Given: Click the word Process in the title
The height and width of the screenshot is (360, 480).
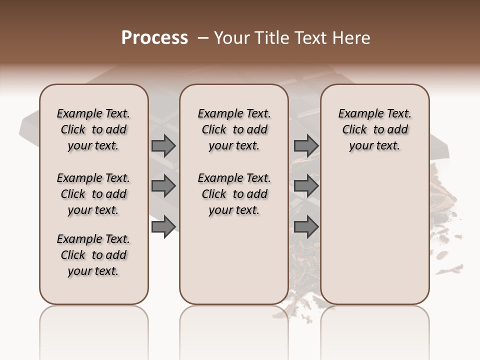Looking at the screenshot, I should pos(154,37).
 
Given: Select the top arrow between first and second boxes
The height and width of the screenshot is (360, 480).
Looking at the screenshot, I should pos(163,146).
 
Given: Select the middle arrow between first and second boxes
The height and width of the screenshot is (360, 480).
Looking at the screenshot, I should pos(163,186).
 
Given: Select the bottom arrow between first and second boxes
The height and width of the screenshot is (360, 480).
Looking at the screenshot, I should pos(163,227).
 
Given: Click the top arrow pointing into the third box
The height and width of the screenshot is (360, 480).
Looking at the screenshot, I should pos(306,146).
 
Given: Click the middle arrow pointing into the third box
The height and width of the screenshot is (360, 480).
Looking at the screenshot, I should pos(306,186).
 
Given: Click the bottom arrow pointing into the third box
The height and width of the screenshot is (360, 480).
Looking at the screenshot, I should pos(306,227).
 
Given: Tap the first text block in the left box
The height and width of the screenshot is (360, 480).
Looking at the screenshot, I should pos(93,129).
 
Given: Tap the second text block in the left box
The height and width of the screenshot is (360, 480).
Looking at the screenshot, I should pos(93,194).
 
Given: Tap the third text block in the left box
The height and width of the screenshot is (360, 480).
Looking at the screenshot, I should pos(93,255).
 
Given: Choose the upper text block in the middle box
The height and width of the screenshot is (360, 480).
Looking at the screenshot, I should pos(234,129).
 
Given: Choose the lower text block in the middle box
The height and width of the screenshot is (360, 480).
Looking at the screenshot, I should pos(234,194).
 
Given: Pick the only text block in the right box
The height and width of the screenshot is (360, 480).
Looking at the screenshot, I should pos(374,129).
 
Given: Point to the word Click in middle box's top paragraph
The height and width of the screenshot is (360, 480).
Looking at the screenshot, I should pos(214,130).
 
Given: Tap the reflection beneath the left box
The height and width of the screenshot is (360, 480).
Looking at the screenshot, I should pos(93,325).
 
